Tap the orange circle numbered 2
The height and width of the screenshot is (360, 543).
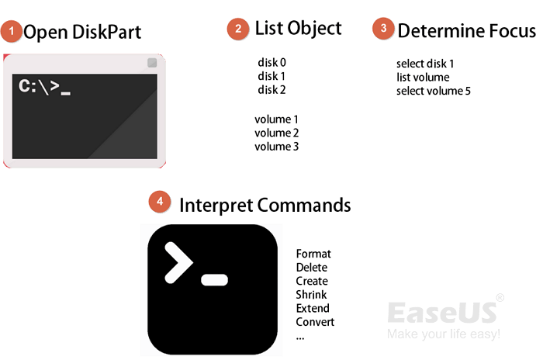tap(237, 29)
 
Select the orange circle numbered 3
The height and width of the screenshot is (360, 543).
tap(382, 29)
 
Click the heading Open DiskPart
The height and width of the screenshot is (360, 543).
tap(82, 33)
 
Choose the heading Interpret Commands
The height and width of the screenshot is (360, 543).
tap(265, 205)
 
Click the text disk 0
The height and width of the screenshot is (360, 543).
tap(272, 62)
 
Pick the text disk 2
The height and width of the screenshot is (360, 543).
tap(272, 90)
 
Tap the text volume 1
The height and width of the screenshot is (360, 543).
tap(276, 119)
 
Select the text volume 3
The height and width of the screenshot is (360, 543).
tap(276, 147)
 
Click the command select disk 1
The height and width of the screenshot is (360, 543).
tap(424, 63)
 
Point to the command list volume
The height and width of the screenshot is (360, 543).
tap(422, 77)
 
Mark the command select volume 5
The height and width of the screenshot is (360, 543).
tap(433, 91)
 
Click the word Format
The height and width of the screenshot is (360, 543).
tap(313, 254)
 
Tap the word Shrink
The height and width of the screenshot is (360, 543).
tap(311, 295)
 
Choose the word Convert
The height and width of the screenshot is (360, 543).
tap(315, 322)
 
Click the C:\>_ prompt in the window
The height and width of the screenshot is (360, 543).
tap(44, 88)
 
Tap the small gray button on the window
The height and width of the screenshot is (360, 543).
tap(152, 63)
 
